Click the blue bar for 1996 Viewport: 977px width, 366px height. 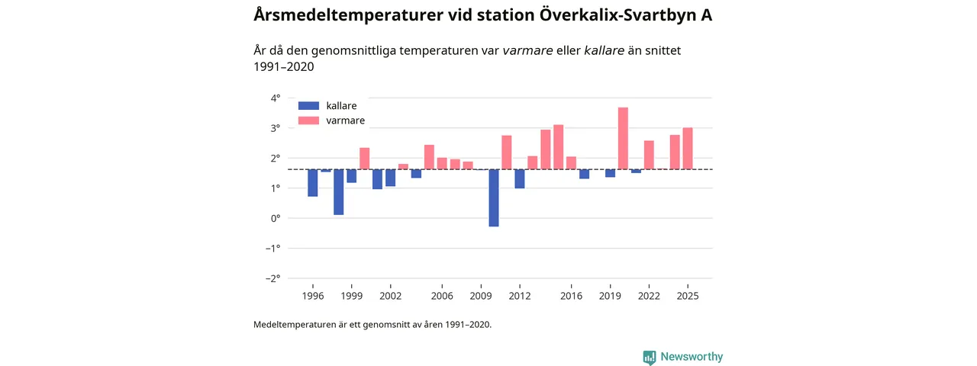pyautogui.click(x=313, y=183)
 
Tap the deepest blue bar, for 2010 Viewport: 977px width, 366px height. pyautogui.click(x=494, y=198)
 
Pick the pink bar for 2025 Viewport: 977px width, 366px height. pyautogui.click(x=688, y=149)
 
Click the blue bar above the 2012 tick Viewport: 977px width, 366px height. pyautogui.click(x=520, y=178)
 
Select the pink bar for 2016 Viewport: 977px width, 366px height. pyautogui.click(x=571, y=162)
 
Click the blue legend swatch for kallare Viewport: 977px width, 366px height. pyautogui.click(x=308, y=106)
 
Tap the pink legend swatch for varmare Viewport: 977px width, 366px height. pyautogui.click(x=308, y=120)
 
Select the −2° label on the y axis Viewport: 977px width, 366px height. pyautogui.click(x=273, y=278)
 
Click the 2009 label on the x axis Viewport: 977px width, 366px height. pyautogui.click(x=481, y=296)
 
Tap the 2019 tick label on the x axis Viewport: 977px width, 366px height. pyautogui.click(x=610, y=296)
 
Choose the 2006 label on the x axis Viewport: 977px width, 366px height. pyautogui.click(x=442, y=296)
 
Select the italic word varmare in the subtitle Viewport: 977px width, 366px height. pyautogui.click(x=527, y=50)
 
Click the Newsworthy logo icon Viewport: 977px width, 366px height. pyautogui.click(x=650, y=357)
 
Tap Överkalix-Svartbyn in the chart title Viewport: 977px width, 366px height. pyautogui.click(x=616, y=15)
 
